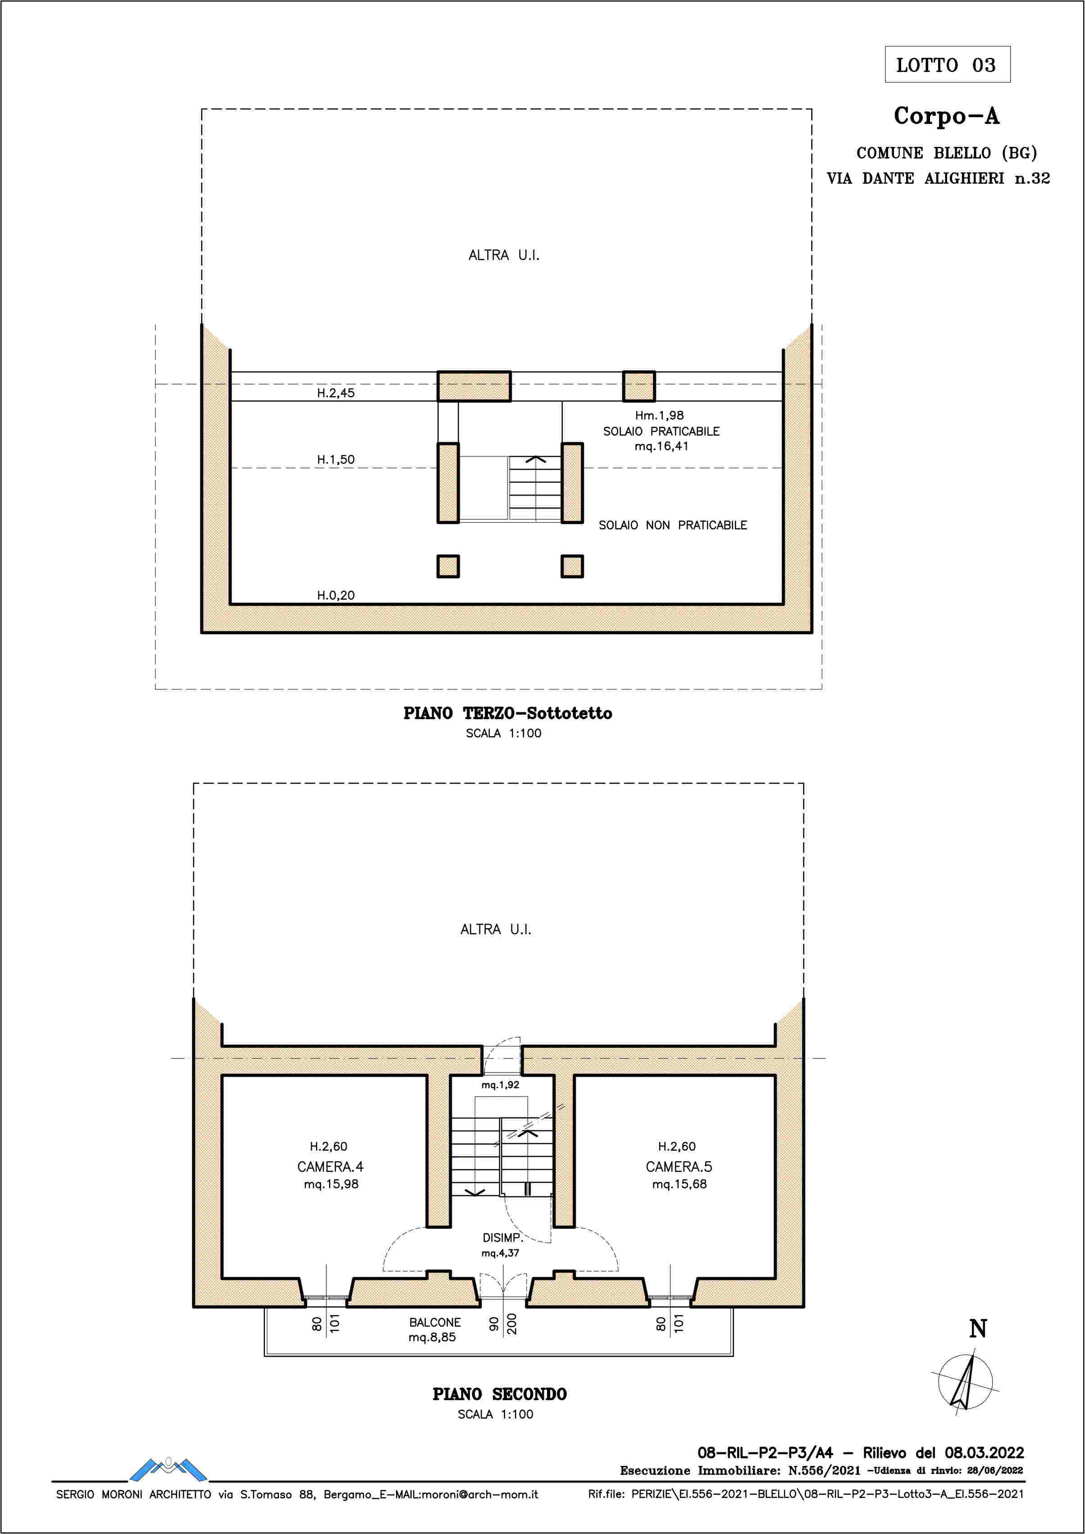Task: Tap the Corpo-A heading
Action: [946, 116]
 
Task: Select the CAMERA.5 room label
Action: [679, 1167]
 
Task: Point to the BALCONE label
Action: [435, 1322]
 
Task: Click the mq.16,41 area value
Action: [661, 446]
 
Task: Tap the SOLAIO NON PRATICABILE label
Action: [673, 525]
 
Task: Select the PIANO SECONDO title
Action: [500, 1394]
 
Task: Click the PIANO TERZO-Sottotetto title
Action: [508, 713]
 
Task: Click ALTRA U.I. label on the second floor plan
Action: [496, 929]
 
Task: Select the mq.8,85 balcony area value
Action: [432, 1338]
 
